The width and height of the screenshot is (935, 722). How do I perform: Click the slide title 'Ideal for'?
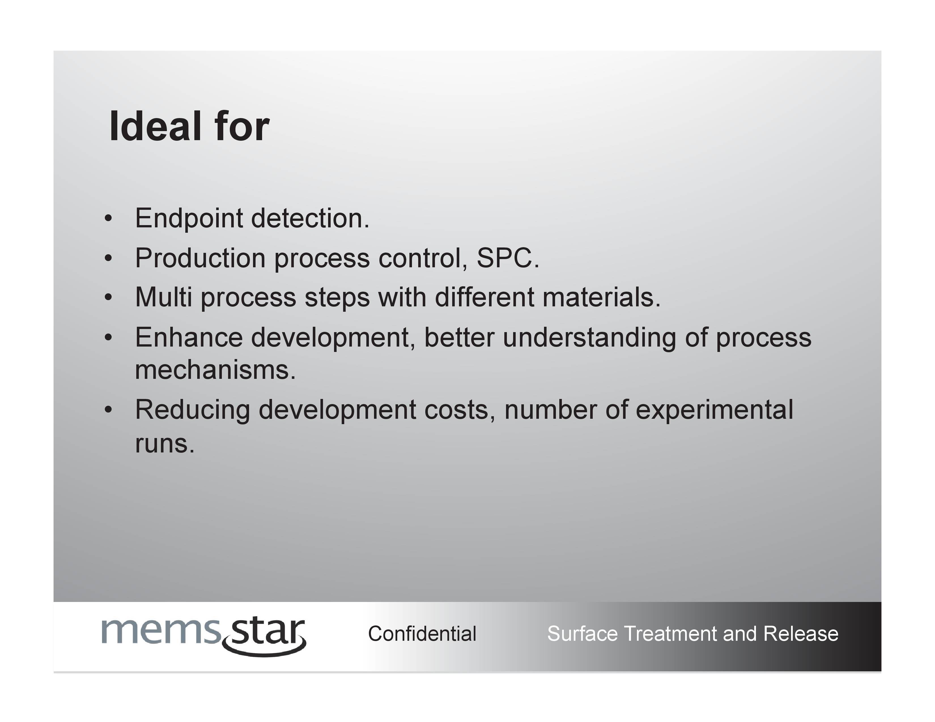[189, 126]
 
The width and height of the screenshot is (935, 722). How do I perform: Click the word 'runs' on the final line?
[161, 444]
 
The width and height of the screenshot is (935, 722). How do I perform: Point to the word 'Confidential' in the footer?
[422, 633]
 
